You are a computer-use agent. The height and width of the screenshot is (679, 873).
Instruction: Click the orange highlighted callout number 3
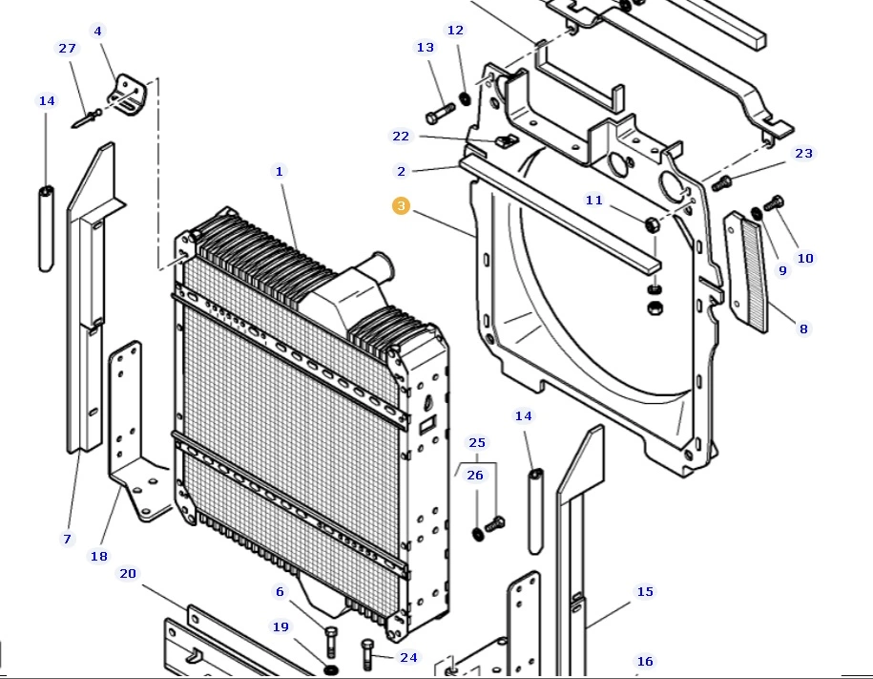(401, 205)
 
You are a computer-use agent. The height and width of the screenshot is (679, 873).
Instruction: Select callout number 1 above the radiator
(280, 172)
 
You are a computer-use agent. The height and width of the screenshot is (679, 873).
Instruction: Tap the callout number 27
(67, 49)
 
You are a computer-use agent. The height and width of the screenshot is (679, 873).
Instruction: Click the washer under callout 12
(465, 98)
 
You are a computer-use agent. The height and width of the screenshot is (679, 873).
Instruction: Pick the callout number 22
(401, 137)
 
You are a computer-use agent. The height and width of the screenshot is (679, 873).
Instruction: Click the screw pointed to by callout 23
(722, 182)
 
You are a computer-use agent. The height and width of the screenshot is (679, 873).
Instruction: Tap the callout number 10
(805, 258)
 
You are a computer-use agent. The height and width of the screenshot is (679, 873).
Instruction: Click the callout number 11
(594, 201)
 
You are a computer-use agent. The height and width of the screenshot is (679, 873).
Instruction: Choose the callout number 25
(477, 442)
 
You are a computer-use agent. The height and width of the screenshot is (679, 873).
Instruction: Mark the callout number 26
(475, 476)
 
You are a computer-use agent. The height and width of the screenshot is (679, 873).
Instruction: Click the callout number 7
(67, 540)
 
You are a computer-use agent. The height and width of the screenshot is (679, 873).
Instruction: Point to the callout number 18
(99, 556)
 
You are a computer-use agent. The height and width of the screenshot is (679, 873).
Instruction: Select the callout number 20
(128, 574)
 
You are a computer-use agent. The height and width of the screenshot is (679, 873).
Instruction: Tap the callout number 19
(281, 627)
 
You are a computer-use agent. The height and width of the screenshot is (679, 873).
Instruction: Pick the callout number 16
(645, 661)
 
